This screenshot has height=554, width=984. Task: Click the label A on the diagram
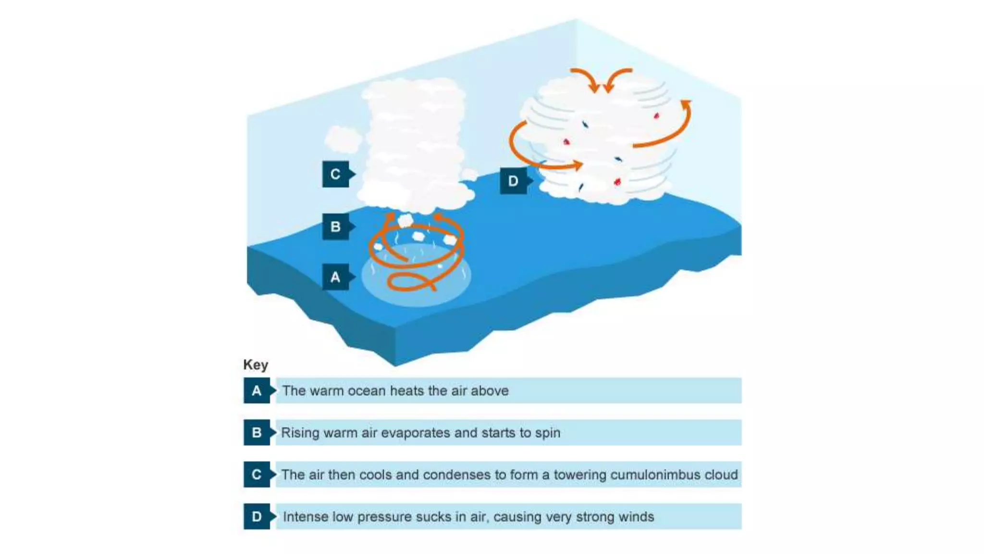click(335, 277)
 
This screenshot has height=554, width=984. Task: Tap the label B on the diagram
click(335, 227)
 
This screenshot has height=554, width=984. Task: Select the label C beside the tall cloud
click(335, 174)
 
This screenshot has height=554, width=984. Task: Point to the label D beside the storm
click(513, 181)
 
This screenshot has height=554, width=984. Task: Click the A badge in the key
click(257, 390)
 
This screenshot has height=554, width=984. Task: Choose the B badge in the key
click(257, 432)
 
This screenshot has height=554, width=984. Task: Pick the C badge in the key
click(257, 475)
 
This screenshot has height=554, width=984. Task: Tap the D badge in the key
click(257, 516)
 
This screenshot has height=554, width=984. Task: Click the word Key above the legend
click(256, 365)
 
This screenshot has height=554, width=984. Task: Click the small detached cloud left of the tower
click(343, 138)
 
